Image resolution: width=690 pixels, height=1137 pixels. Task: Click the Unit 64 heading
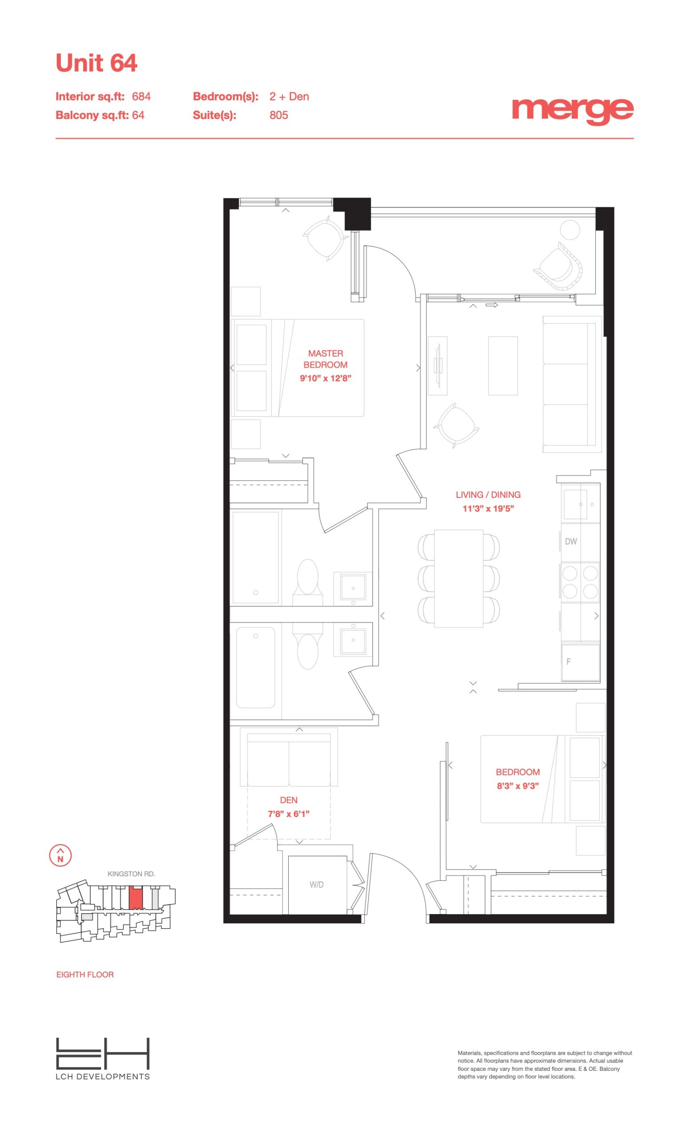coord(96,63)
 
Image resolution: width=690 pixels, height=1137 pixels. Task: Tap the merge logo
coord(572,111)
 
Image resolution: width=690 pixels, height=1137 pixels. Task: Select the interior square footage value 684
coord(141,96)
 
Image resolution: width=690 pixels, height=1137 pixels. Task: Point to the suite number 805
coord(278,115)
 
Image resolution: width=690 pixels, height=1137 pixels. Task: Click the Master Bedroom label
coord(325,359)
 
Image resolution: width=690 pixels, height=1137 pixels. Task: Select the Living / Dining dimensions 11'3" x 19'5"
coord(488,509)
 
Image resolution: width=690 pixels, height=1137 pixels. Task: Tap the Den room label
coord(289,800)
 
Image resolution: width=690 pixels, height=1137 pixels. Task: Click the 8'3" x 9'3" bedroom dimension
coord(518,786)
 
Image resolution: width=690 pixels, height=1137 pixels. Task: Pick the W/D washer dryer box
coord(317,884)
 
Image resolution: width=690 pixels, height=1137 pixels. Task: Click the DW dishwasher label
coord(571,541)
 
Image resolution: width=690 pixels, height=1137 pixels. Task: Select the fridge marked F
coord(581,662)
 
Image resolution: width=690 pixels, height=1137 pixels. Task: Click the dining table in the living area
coord(459,578)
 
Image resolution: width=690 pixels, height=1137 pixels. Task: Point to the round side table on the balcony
coord(570,230)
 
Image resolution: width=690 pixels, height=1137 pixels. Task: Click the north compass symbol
coord(60,855)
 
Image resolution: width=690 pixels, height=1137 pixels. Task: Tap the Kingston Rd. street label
coord(131,874)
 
